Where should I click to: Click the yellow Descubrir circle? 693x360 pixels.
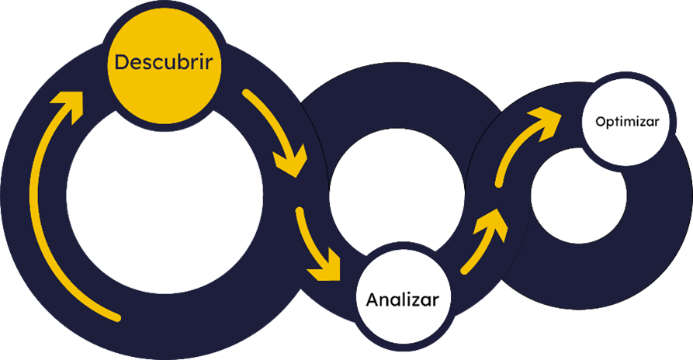[x=164, y=74]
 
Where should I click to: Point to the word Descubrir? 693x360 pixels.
[x=164, y=63]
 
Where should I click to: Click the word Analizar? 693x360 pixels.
[x=403, y=299]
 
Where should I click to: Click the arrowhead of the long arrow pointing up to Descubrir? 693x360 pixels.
[x=68, y=105]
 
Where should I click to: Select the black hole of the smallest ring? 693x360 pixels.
[x=578, y=198]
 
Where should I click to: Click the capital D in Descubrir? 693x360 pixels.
[x=121, y=63]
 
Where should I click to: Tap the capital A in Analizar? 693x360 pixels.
[x=372, y=299]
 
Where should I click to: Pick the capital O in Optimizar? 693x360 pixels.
[x=600, y=122]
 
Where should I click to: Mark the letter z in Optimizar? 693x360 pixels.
[x=646, y=122]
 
